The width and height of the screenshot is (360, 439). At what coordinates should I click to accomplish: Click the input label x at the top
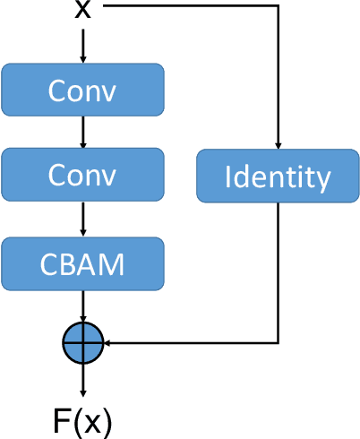coord(83,8)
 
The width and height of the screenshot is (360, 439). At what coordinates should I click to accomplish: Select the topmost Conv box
coord(83,90)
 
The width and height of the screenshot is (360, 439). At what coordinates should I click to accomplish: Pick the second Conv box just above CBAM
coord(83,174)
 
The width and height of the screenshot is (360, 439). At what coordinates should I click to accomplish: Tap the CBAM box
coord(83,263)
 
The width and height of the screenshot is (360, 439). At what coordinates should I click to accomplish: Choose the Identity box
coord(278,176)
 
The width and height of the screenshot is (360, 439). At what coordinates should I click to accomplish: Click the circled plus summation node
coord(83,341)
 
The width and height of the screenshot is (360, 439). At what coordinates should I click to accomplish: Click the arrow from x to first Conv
coord(83,45)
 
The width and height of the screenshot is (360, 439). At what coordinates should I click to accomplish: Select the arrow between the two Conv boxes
coord(83,132)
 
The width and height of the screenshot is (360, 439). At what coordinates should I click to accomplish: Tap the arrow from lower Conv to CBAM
coord(83,219)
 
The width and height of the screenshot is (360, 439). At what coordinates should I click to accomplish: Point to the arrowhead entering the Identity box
coord(279,145)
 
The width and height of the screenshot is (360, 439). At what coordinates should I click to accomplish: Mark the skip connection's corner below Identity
coord(279,341)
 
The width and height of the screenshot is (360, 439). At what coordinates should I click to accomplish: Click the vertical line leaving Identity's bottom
coord(279,269)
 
